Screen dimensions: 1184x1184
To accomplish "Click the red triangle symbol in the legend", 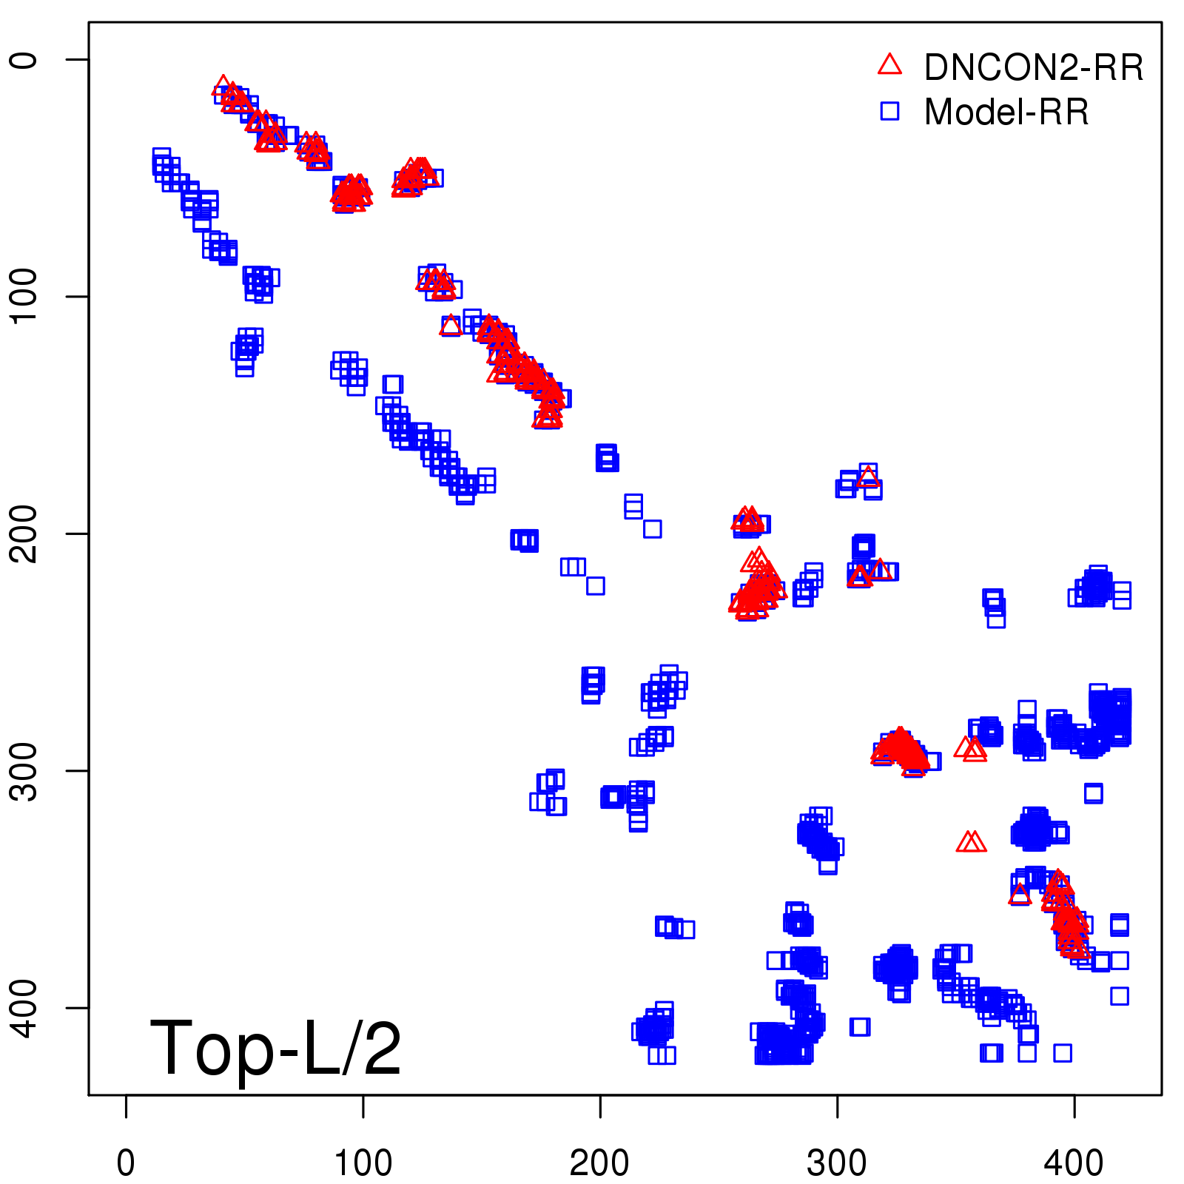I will click(889, 65).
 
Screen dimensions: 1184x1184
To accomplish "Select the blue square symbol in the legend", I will click(889, 111).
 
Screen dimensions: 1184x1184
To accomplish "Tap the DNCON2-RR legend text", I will click(1034, 67).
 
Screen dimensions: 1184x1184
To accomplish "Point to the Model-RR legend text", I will click(1006, 112).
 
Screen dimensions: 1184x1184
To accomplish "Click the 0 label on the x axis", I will click(126, 1163).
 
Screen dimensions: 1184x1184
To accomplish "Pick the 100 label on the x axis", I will click(363, 1163).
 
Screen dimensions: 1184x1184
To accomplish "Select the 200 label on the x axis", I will click(600, 1163).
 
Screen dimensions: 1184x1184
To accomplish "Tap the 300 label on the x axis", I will click(837, 1163).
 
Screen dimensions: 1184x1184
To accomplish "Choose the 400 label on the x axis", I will click(1074, 1163).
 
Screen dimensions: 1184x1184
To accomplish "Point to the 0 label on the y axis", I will click(24, 60).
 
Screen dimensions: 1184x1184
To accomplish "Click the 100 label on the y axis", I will click(24, 296).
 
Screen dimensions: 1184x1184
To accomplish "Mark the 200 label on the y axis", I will click(24, 534).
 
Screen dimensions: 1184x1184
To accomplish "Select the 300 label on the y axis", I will click(24, 770).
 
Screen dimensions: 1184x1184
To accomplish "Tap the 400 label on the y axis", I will click(24, 1007).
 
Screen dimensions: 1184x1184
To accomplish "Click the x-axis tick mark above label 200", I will click(600, 1106).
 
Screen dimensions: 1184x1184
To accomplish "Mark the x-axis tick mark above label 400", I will click(1074, 1106).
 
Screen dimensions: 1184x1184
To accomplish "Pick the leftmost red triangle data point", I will click(222, 86).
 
